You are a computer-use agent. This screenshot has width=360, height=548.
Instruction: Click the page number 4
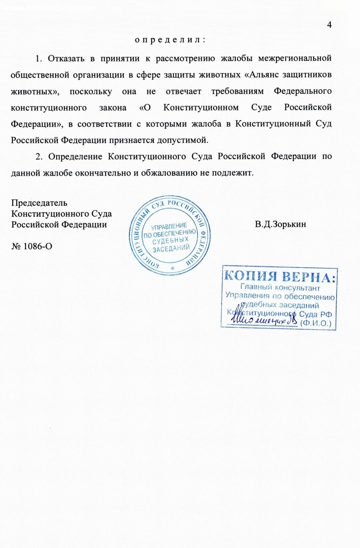point(329,25)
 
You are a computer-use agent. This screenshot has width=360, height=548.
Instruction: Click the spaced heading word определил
point(170,40)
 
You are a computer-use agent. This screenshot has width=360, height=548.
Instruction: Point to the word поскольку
point(91,91)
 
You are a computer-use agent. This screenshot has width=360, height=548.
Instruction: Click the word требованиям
point(237,91)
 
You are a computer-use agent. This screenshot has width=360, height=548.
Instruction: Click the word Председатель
point(39,203)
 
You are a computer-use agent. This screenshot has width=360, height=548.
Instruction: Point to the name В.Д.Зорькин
point(280,224)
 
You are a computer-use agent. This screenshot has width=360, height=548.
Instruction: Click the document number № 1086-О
point(32,246)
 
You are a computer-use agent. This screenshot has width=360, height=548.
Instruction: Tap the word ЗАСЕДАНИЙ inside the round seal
point(171,248)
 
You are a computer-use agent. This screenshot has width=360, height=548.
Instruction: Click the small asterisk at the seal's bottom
point(173,269)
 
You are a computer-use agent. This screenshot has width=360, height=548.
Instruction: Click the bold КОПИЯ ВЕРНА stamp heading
point(279,276)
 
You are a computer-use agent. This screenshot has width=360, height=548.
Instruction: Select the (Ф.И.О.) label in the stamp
point(315,323)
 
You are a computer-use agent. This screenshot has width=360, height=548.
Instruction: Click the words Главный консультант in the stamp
point(280,288)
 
